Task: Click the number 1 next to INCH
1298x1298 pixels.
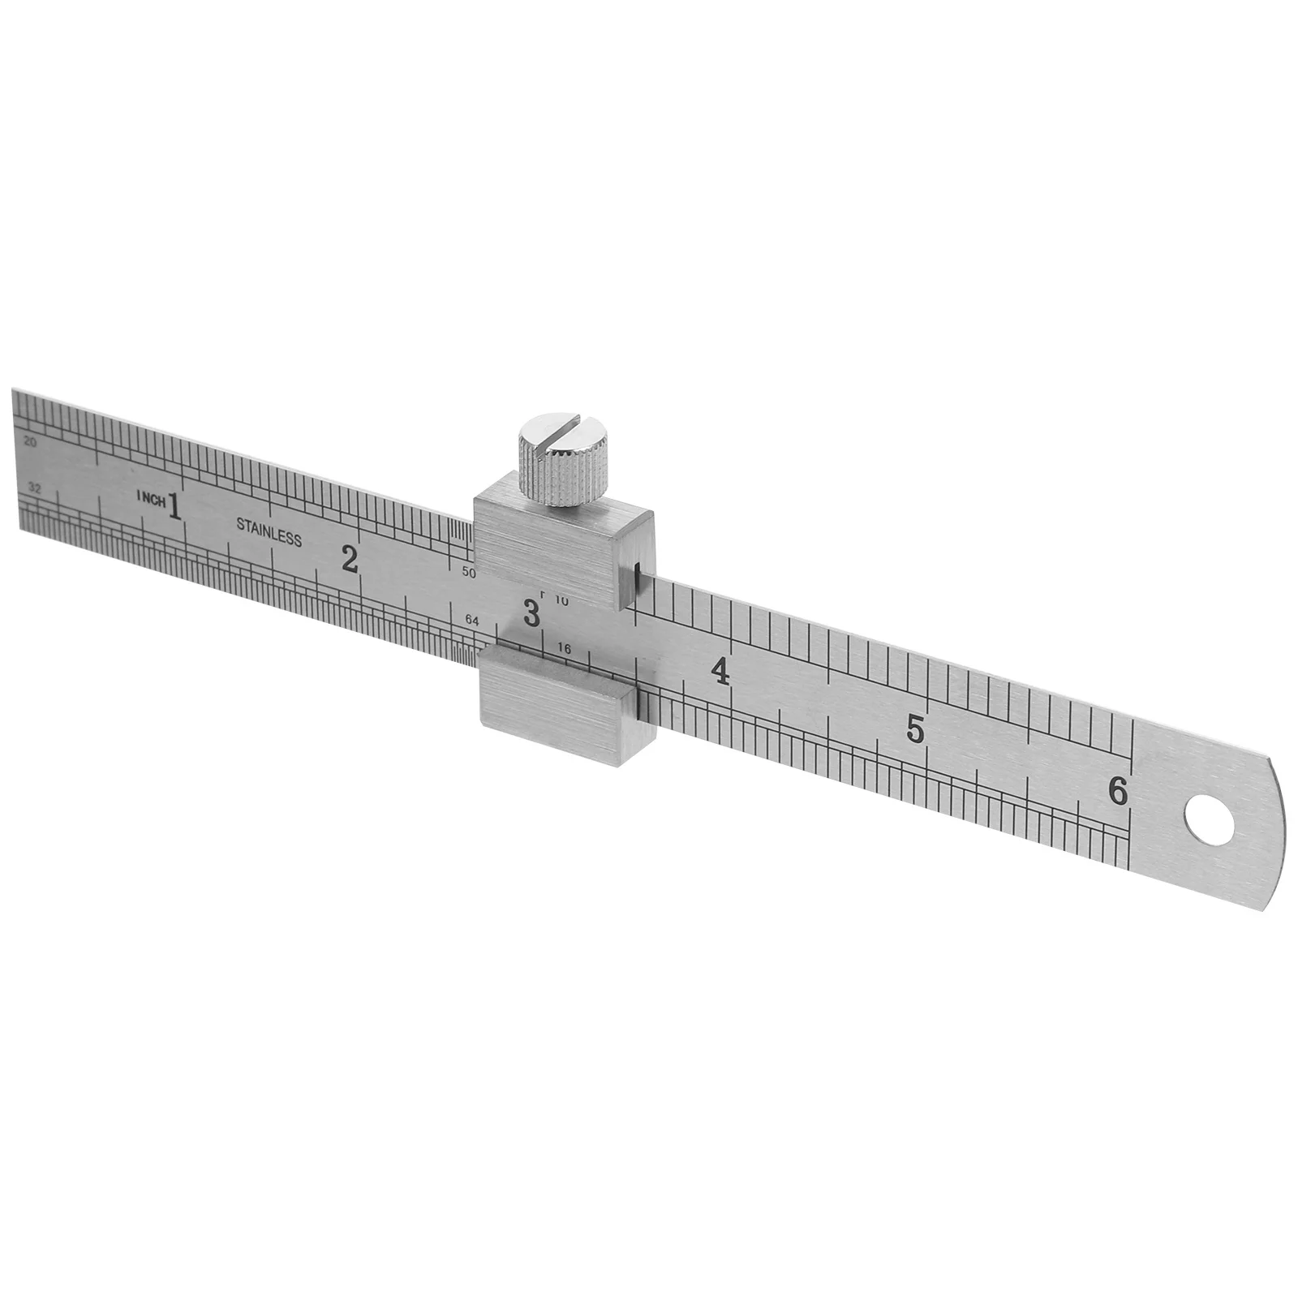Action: [174, 503]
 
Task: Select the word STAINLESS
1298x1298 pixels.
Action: [269, 531]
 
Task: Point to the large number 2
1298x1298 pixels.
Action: [350, 559]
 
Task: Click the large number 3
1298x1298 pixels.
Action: [531, 612]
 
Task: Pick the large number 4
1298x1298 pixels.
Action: [719, 672]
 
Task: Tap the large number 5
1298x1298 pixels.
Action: [915, 729]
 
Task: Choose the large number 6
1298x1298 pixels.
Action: [1118, 791]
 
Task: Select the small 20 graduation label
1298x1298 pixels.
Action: [32, 443]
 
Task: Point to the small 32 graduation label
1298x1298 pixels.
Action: [33, 488]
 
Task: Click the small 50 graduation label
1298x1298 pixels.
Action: [469, 572]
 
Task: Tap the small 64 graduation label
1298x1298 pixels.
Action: [472, 621]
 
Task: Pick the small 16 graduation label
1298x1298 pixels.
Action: [565, 648]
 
